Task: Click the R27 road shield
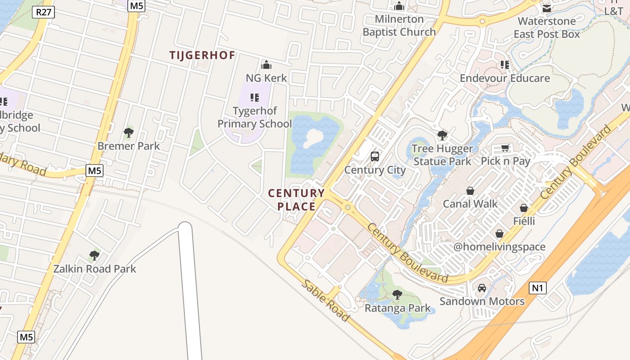click(43, 12)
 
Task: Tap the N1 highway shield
click(537, 288)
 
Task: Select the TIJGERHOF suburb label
click(202, 55)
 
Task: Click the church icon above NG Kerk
click(266, 65)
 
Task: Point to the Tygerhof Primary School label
click(255, 117)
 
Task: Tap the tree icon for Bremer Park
click(129, 133)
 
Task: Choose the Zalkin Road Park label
click(94, 269)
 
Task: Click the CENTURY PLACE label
click(296, 200)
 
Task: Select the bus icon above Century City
click(374, 157)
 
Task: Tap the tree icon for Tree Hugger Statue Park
click(442, 135)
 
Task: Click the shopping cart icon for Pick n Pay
click(505, 148)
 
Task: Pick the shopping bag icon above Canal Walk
click(470, 191)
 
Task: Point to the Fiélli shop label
click(524, 221)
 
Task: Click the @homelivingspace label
click(499, 247)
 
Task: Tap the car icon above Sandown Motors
click(481, 288)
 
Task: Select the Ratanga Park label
click(397, 308)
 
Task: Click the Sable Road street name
click(325, 300)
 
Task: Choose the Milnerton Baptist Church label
click(399, 26)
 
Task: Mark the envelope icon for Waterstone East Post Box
click(547, 9)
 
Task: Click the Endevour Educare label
click(504, 78)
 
